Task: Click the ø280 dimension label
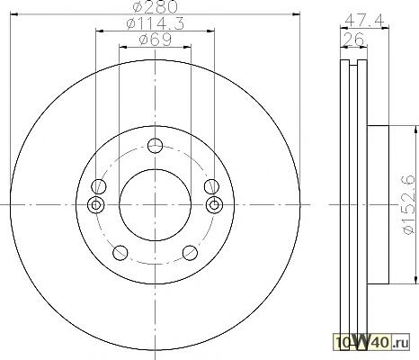coord(156,6)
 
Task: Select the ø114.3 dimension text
coord(155,23)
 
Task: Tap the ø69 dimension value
coord(155,40)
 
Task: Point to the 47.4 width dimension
coord(364,21)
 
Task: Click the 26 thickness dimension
coord(353,39)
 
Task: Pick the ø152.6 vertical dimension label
coord(408,204)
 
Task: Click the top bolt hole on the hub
coord(156,146)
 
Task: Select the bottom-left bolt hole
coord(120,253)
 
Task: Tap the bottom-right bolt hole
coord(190,253)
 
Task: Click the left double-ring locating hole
coord(95,205)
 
